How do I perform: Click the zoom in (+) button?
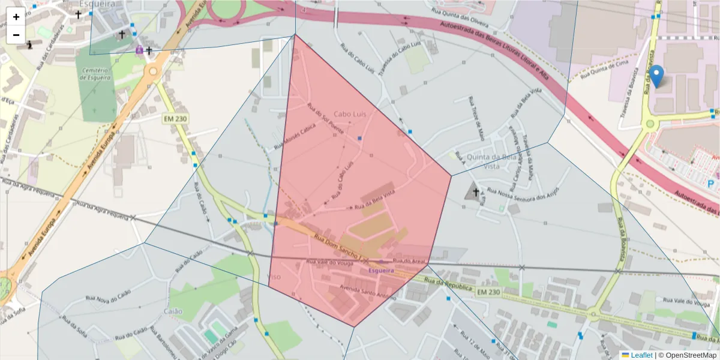(16, 17)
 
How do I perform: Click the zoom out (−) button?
(16, 35)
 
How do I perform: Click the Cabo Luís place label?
(350, 113)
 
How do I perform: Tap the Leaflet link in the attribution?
(641, 355)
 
